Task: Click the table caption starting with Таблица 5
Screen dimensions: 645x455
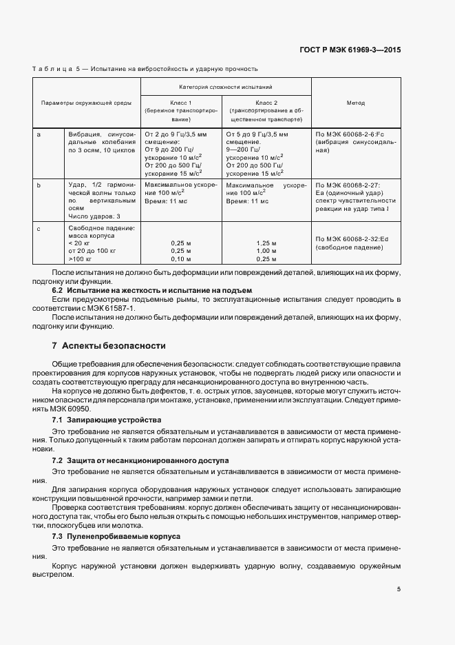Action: point(145,69)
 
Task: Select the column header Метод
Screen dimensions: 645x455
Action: point(355,103)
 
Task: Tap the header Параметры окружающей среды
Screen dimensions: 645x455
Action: point(86,103)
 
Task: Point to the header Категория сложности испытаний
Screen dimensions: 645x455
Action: point(225,88)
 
